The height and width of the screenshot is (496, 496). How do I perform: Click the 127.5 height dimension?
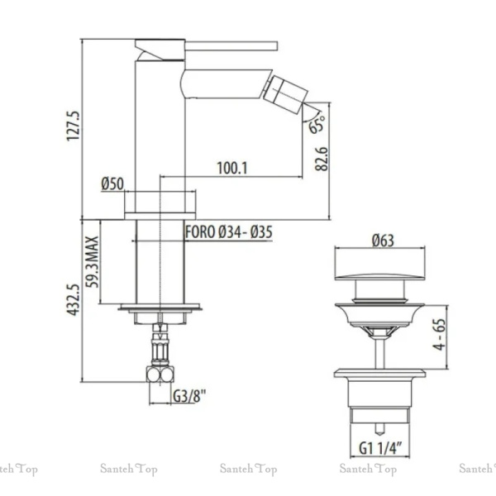[73, 126]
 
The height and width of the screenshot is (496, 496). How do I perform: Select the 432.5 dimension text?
[73, 299]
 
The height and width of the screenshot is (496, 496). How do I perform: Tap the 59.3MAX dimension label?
[93, 261]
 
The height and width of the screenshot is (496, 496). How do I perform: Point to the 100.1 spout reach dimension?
[231, 168]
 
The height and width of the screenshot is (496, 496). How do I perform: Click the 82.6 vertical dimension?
[322, 159]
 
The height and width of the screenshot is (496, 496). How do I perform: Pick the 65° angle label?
[317, 124]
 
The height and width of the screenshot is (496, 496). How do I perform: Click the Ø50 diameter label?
[112, 184]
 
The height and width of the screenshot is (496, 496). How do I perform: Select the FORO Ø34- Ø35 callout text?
[228, 231]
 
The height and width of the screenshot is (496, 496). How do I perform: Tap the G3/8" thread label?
[189, 395]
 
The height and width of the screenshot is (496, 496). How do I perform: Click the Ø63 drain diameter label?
[383, 241]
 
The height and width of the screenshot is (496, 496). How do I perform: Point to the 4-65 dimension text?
[439, 334]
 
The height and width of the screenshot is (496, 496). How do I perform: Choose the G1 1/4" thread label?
[380, 448]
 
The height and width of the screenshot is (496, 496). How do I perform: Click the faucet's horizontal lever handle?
[231, 45]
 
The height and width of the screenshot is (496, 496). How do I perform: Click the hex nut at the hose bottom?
[160, 374]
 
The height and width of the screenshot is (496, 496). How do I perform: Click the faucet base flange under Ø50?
[160, 216]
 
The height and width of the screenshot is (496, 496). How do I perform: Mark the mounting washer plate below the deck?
[160, 307]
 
